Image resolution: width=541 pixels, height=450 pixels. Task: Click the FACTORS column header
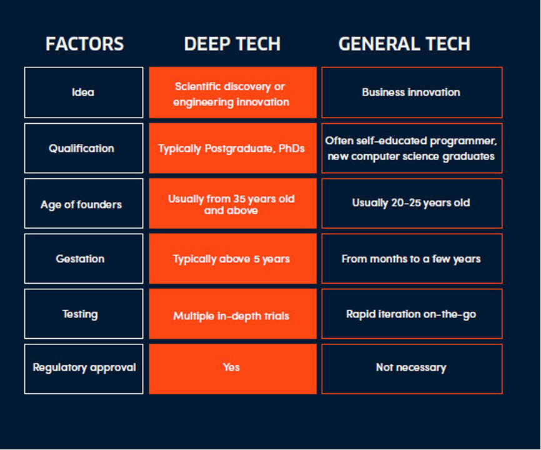(x=84, y=44)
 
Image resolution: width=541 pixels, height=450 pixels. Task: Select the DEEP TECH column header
(x=232, y=44)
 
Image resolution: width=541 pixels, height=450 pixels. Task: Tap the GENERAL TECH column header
(x=404, y=44)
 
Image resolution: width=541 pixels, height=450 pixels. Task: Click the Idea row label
(x=83, y=92)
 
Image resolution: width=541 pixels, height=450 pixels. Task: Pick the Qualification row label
(x=81, y=148)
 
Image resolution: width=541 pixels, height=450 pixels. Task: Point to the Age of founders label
(x=81, y=204)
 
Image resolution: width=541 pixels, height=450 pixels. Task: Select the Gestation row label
(x=80, y=259)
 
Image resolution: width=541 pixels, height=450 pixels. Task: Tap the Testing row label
(x=80, y=314)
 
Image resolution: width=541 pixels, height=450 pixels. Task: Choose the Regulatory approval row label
(x=84, y=368)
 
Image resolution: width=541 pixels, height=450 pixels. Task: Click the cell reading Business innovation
(x=411, y=92)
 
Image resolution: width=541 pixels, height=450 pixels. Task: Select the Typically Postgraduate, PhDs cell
(x=232, y=148)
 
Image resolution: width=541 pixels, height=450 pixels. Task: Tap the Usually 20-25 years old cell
(x=411, y=203)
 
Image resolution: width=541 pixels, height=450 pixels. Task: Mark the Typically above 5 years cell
(x=232, y=259)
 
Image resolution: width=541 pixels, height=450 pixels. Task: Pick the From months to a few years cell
(x=411, y=259)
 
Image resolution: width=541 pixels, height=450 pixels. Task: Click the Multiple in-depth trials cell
(x=232, y=314)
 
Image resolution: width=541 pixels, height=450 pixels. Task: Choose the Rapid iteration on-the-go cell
(x=411, y=314)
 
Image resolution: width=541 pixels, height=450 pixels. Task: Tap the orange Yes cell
(x=232, y=369)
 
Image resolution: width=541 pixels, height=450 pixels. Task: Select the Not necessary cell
(x=411, y=369)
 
